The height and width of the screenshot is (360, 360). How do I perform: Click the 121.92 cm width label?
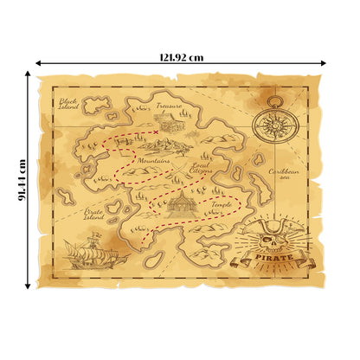[182, 57]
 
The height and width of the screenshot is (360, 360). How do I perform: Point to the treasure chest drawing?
[170, 122]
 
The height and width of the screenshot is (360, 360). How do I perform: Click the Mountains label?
[153, 161]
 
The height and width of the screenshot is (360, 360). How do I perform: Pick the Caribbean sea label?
[283, 176]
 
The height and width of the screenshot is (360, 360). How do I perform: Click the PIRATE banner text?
[276, 257]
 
